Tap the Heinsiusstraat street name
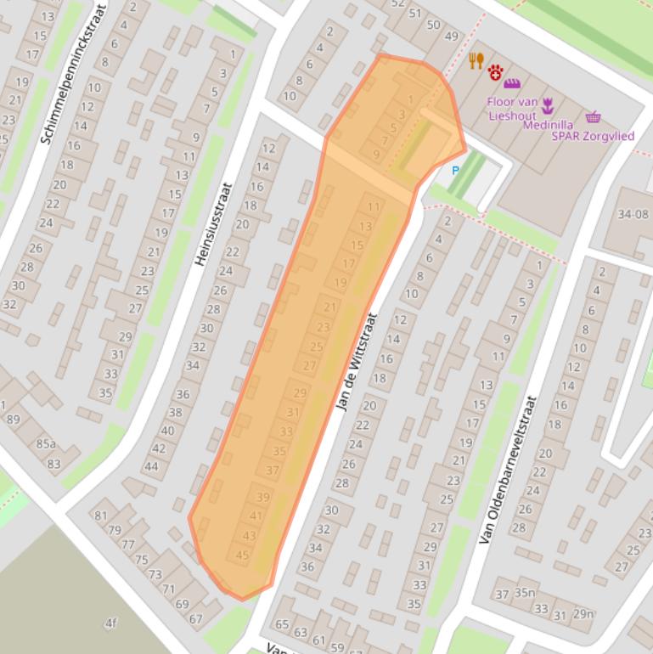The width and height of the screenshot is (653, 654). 214,224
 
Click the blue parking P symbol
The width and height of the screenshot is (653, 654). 455,171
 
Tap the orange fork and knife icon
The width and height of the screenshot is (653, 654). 476,59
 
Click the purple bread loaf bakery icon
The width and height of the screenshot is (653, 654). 511,83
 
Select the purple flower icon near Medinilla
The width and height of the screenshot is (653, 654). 548,104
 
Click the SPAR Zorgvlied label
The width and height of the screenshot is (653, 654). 593,135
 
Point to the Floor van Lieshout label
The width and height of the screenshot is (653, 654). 512,109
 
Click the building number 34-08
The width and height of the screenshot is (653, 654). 633,214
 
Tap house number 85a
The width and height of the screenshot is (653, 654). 46,443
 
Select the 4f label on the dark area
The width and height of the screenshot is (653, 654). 110,623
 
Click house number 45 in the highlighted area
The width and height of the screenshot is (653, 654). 243,555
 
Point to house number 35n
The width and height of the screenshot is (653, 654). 526,593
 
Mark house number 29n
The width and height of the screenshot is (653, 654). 583,613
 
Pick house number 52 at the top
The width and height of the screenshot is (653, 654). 397,3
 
